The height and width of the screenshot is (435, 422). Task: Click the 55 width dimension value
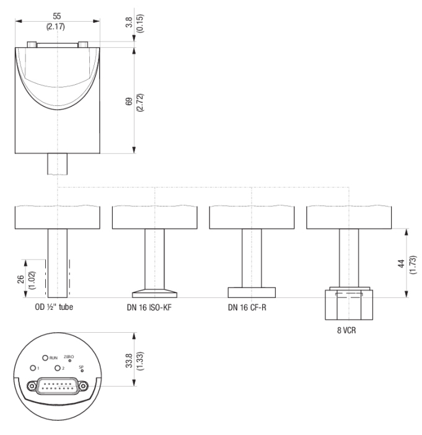[x=57, y=16]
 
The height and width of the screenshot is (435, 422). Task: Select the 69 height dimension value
[x=129, y=102]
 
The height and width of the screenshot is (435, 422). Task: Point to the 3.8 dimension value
[x=129, y=22]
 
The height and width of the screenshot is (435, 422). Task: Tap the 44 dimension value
[x=401, y=263]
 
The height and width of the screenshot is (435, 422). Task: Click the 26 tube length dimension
[x=21, y=279]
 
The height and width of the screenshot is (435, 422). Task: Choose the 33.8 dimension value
[x=129, y=361]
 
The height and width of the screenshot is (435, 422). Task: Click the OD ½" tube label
[x=54, y=307]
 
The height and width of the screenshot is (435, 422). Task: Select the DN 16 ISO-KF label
[x=149, y=307]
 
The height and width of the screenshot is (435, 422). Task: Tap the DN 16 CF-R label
[x=247, y=307]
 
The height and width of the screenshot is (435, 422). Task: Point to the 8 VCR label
[x=346, y=330]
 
